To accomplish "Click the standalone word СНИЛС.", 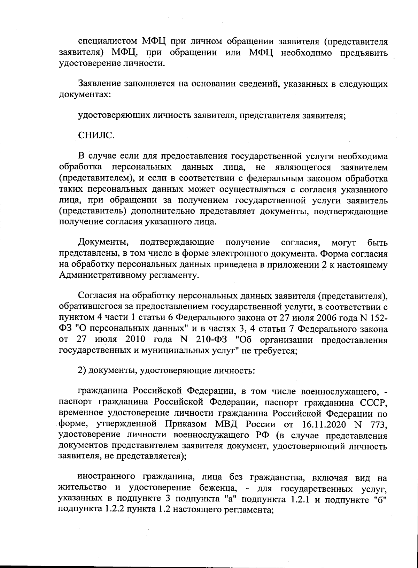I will point(95,135).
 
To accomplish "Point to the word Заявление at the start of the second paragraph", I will point(98,84).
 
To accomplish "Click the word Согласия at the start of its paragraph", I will point(95,297).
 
